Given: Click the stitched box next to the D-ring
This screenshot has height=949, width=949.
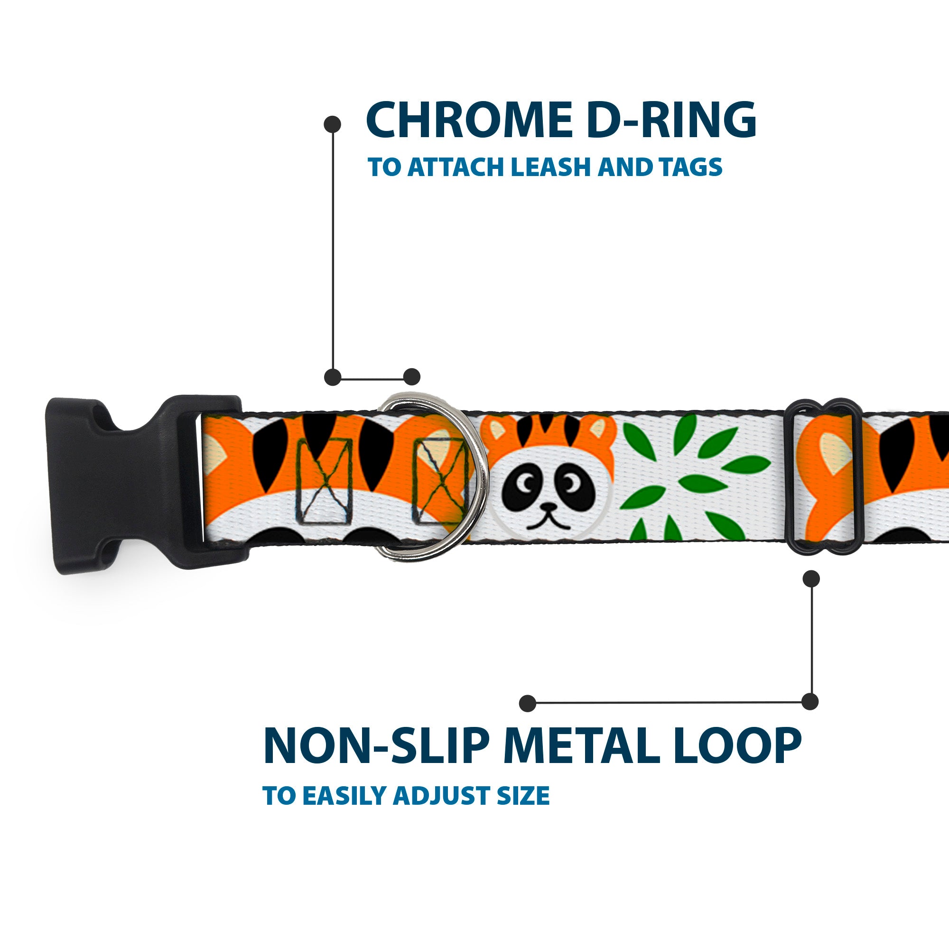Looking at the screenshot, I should [440, 481].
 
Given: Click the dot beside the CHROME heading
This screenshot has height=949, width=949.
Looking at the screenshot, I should [333, 124].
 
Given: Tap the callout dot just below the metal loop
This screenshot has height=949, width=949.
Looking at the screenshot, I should [811, 578].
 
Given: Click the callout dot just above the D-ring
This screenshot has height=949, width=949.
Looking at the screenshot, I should [411, 377].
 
